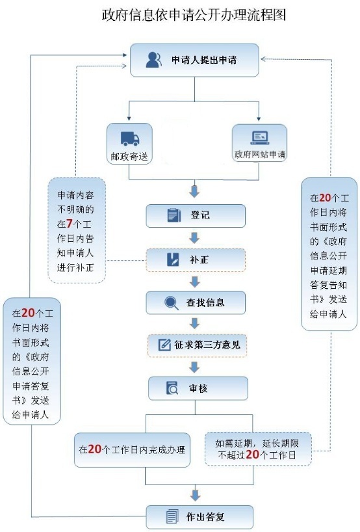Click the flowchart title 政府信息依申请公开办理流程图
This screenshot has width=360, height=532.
(x=194, y=15)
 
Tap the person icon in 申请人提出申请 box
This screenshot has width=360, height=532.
(x=153, y=60)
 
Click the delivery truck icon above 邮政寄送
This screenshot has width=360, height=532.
(x=129, y=139)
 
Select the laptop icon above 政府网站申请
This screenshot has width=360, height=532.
(x=260, y=138)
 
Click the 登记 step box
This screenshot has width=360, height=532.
(x=196, y=215)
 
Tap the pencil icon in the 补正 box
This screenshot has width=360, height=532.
(x=174, y=259)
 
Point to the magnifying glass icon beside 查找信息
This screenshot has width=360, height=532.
(x=172, y=302)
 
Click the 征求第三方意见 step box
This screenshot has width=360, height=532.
(x=197, y=345)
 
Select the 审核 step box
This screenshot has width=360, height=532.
(x=198, y=388)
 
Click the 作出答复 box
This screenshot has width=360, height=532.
(x=199, y=517)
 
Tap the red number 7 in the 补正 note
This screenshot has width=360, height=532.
(x=69, y=224)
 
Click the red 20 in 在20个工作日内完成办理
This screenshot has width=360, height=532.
(x=95, y=449)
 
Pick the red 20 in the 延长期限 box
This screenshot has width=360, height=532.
(x=253, y=455)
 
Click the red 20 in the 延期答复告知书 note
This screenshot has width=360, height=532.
(x=325, y=198)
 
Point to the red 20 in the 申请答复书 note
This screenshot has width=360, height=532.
(x=28, y=313)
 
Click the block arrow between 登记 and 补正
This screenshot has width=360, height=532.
(x=194, y=238)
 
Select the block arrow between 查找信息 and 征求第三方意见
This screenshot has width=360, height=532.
(x=194, y=323)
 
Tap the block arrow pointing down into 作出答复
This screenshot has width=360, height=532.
(x=195, y=496)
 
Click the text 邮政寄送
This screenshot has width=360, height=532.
(x=129, y=156)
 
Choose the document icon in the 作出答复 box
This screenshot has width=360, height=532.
(x=172, y=517)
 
